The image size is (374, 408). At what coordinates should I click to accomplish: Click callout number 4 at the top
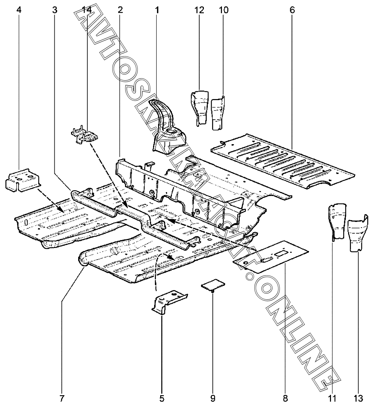pyautogui.click(x=19, y=10)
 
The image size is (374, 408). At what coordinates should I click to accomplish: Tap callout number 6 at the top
pyautogui.click(x=292, y=10)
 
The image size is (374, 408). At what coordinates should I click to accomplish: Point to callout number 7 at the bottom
pyautogui.click(x=62, y=398)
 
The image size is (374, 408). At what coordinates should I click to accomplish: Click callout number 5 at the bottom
pyautogui.click(x=162, y=398)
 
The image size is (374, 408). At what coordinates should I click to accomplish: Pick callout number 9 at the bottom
pyautogui.click(x=213, y=398)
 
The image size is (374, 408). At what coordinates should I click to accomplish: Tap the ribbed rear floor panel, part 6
pyautogui.click(x=282, y=159)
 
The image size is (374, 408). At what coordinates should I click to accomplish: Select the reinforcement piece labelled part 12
pyautogui.click(x=199, y=107)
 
